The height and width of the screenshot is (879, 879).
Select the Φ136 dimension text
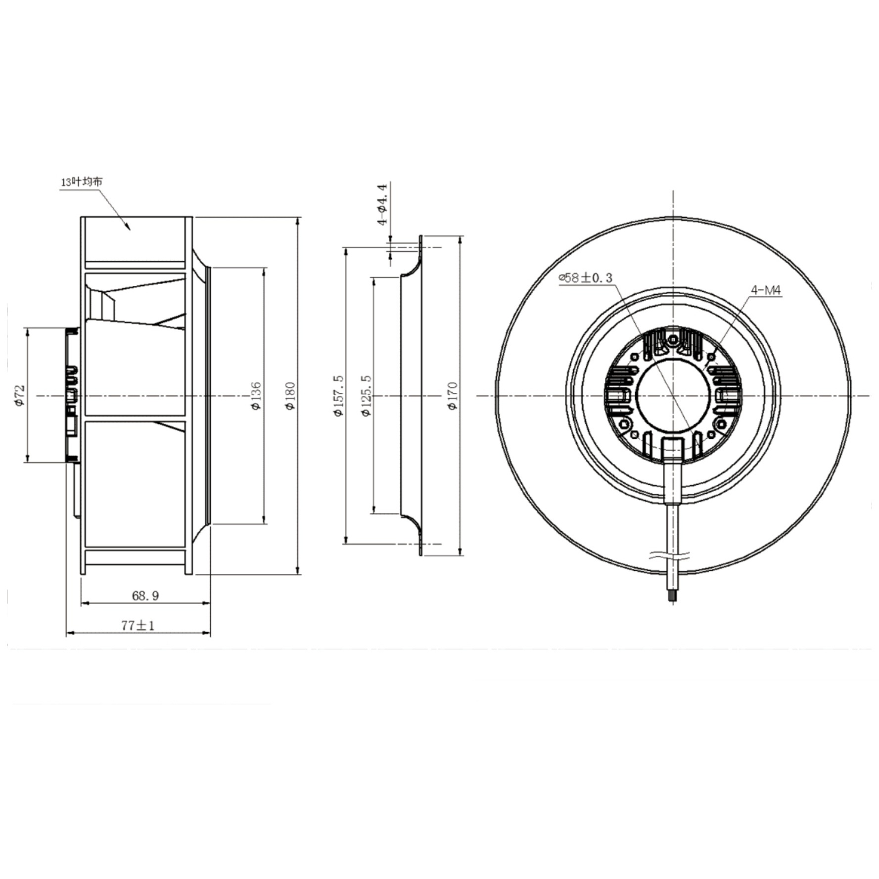[256, 396]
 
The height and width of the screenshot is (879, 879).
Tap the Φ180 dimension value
[290, 396]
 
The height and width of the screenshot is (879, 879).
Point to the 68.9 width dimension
[145, 596]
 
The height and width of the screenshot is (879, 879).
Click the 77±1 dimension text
[138, 625]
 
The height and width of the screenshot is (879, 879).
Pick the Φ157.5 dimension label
[338, 396]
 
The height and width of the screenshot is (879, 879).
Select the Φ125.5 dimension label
[366, 396]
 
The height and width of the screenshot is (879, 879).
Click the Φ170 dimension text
[453, 396]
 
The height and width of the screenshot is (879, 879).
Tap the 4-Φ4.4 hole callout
[383, 205]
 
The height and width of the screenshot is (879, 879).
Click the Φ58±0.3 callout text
[586, 278]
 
